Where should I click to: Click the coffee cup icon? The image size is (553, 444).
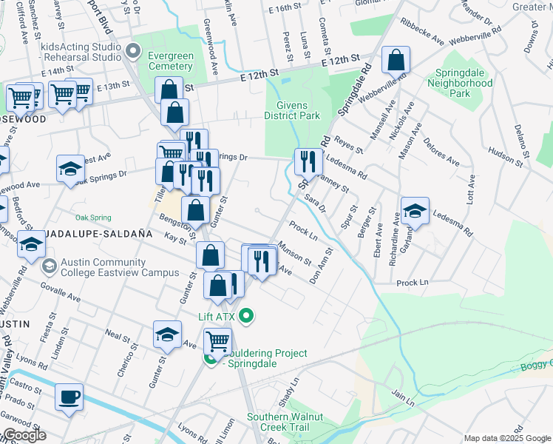[69, 397]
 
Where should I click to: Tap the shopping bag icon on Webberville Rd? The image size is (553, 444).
[396, 60]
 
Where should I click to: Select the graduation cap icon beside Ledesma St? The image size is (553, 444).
[414, 210]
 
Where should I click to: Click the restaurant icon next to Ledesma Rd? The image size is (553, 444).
[308, 161]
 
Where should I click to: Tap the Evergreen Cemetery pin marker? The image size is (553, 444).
[133, 52]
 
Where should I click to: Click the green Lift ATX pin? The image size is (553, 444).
[247, 317]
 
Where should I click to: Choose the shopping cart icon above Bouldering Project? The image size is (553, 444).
[217, 341]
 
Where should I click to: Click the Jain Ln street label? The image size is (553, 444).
[404, 400]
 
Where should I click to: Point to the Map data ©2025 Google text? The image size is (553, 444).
[506, 438]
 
